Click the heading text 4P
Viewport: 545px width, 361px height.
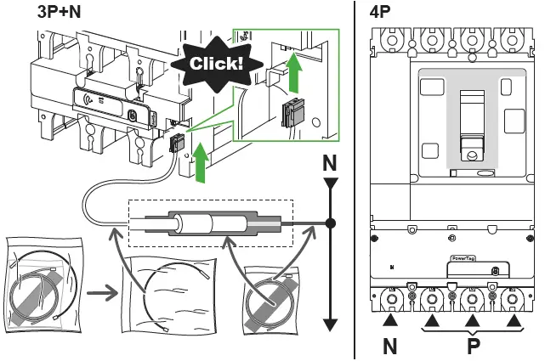pyautogui.click(x=381, y=14)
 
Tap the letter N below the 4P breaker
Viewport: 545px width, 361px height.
pyautogui.click(x=390, y=347)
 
